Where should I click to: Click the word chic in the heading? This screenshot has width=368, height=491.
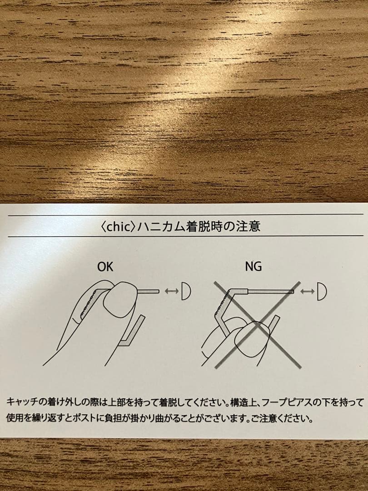coord(118,226)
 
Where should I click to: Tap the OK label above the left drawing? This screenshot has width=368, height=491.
coord(105,267)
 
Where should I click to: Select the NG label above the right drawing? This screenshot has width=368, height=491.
coord(254,267)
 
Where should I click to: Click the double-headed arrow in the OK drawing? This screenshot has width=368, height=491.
coord(172,291)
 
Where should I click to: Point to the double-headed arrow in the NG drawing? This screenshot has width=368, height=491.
coord(307,291)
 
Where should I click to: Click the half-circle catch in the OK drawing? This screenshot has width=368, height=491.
coord(186,291)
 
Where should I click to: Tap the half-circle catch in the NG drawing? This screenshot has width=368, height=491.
coord(322,291)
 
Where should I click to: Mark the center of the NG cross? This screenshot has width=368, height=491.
coord(258,325)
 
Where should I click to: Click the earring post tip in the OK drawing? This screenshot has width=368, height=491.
coord(159,291)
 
